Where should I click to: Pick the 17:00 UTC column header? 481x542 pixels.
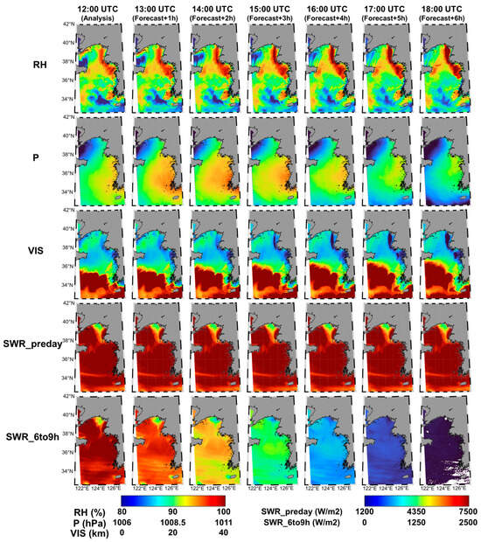(388, 7)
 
